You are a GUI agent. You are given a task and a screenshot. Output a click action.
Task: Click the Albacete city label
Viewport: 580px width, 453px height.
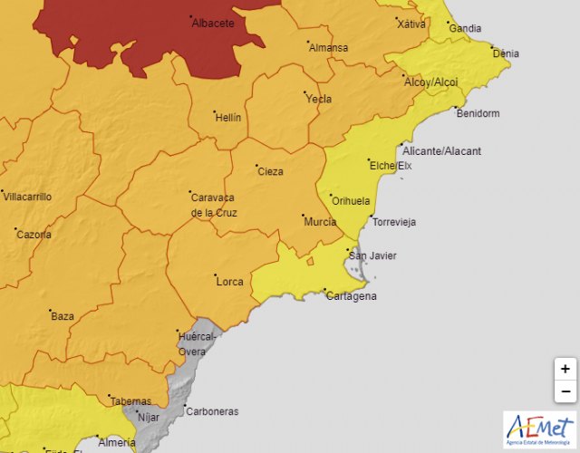[x=213, y=24]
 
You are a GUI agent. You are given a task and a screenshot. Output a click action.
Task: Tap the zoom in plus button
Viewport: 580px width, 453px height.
[x=565, y=369]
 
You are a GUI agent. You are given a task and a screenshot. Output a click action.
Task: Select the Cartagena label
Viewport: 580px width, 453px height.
[x=351, y=296]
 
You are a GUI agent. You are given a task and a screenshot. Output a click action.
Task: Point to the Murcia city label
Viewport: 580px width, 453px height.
[x=321, y=222]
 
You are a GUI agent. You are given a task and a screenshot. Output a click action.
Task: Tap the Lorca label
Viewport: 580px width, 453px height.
[x=229, y=282]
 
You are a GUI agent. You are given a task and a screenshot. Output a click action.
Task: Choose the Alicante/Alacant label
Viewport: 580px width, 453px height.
[x=443, y=150]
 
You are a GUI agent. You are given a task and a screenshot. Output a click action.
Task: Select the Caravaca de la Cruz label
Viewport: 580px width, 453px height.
[x=213, y=205]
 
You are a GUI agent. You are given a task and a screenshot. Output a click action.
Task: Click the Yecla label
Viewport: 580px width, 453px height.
[x=319, y=100]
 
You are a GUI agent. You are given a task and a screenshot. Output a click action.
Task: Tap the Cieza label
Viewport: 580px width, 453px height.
[x=270, y=171]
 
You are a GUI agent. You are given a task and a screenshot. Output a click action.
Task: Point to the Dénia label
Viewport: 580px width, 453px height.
[x=505, y=53]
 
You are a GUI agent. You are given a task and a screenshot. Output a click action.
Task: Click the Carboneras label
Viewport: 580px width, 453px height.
[x=211, y=411]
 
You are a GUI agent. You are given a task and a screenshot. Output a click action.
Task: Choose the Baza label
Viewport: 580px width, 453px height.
[x=63, y=316]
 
